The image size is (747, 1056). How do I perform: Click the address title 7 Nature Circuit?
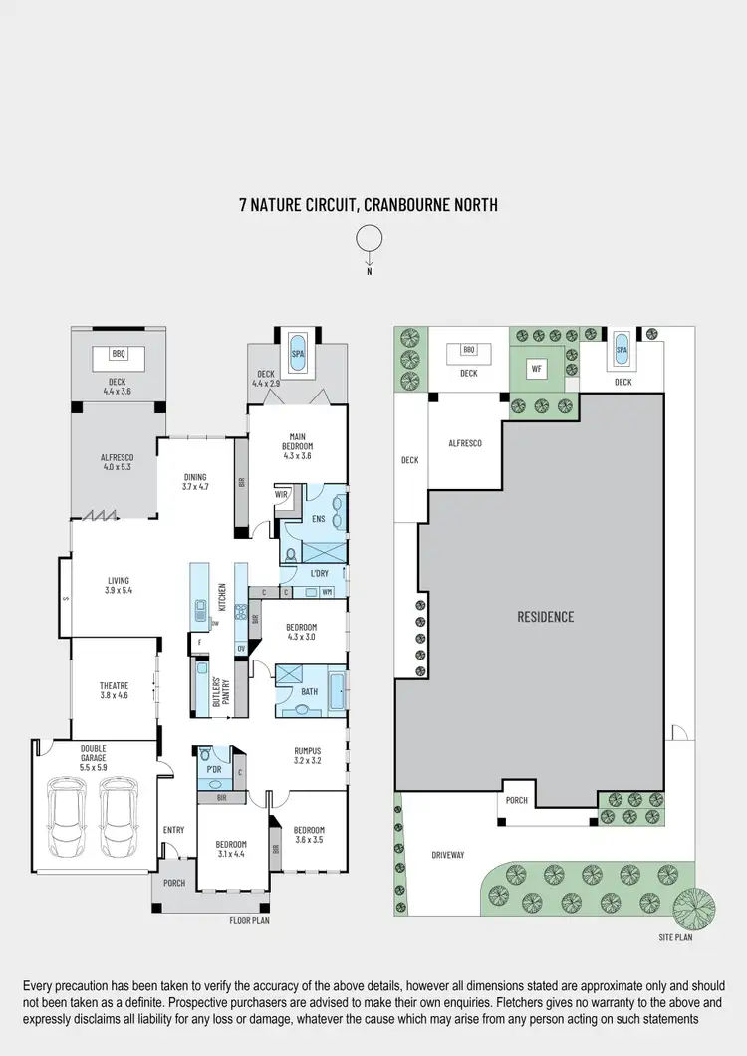pos(368,206)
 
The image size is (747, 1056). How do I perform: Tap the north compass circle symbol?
pos(369,238)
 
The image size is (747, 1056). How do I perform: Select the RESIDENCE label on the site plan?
pos(545,617)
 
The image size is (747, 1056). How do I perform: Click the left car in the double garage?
pos(68,817)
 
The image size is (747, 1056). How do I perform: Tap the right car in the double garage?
pos(118,817)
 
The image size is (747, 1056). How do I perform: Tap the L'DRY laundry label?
pos(319,574)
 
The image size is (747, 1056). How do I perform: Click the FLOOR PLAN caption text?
pos(250,921)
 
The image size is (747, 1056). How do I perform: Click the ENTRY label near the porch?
pos(173,830)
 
